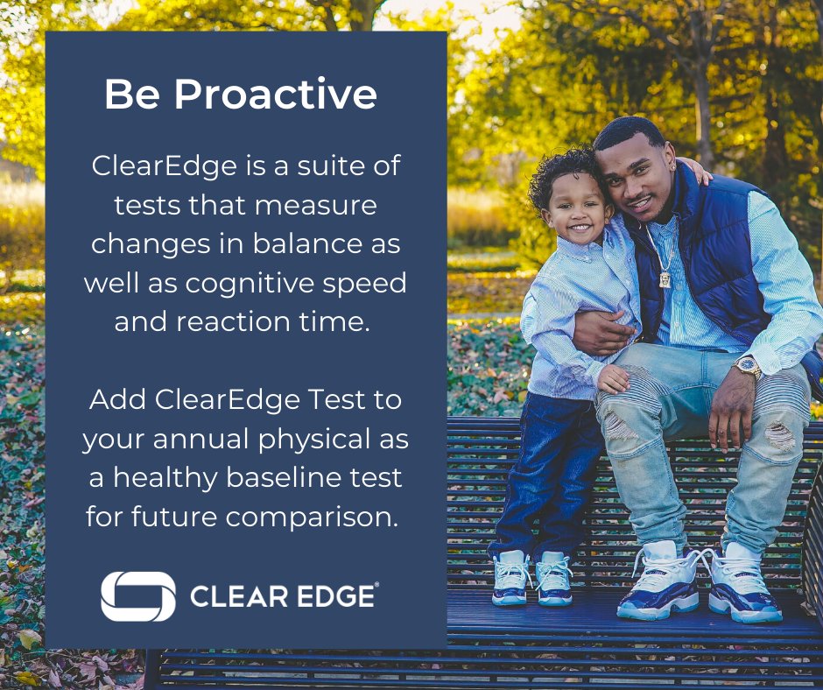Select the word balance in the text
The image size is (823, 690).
(x=313, y=243)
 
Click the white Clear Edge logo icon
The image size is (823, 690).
(x=137, y=596)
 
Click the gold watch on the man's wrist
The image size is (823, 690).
(x=748, y=366)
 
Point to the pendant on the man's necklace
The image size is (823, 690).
(x=665, y=278)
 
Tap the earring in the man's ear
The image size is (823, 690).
(x=676, y=166)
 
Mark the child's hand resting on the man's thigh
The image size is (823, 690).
(x=612, y=378)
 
